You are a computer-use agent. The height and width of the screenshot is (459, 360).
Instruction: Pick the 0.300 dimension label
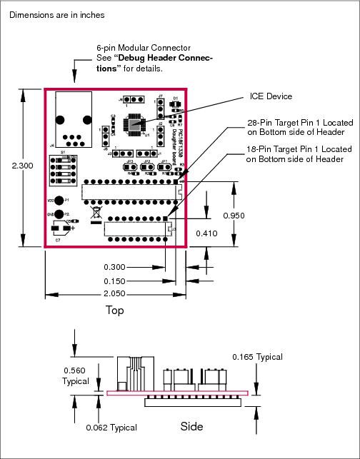[115, 266]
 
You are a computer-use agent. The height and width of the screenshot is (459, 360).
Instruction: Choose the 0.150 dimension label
[115, 281]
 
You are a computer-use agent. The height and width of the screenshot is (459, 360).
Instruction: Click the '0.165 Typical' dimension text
[257, 357]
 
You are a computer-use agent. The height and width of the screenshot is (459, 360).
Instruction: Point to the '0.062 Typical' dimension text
[111, 427]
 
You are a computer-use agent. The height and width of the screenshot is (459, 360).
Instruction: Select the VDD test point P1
[60, 201]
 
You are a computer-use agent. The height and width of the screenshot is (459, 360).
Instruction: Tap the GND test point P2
[60, 213]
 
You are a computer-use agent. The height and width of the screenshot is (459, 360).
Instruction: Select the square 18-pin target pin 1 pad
[166, 218]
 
